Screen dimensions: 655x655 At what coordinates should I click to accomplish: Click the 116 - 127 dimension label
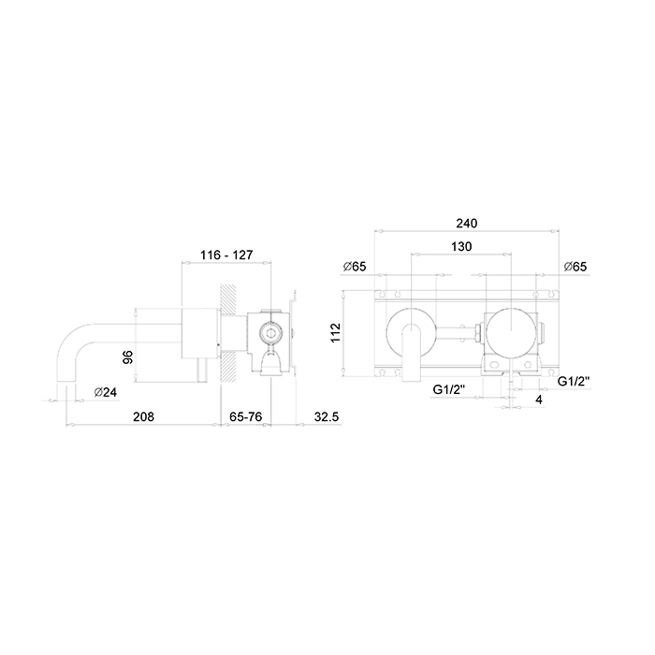click(226, 255)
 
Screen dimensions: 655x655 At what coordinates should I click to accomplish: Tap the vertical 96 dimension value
click(128, 357)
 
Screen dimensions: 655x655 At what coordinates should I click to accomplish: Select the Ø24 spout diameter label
click(106, 392)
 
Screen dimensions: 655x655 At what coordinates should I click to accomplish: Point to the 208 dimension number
click(143, 416)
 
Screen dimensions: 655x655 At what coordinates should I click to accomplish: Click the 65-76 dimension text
click(245, 416)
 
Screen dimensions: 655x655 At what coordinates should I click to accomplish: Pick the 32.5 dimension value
click(327, 416)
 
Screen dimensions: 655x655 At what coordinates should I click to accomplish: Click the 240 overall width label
click(466, 224)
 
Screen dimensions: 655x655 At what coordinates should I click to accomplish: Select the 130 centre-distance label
click(461, 246)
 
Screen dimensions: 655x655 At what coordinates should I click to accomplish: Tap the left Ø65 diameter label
click(355, 267)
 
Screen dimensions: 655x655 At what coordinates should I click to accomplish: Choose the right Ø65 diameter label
click(575, 267)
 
